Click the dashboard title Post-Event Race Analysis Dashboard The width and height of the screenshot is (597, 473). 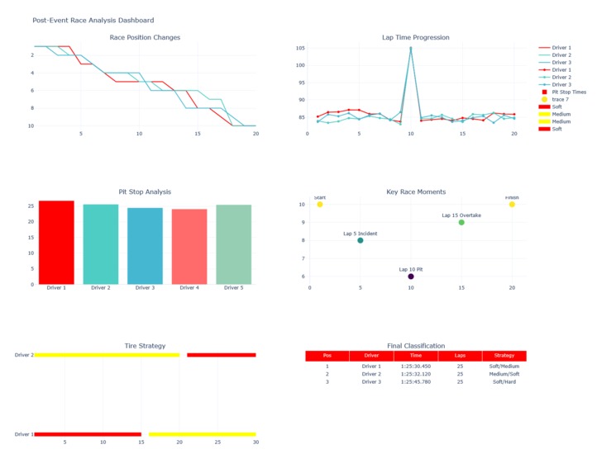tap(93, 20)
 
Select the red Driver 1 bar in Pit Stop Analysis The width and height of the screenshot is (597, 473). tap(56, 243)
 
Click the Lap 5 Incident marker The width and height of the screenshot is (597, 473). tap(361, 240)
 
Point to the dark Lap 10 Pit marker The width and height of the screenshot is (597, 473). tap(411, 277)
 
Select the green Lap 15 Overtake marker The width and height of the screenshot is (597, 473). tap(461, 222)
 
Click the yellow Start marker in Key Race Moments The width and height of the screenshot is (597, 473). tap(320, 204)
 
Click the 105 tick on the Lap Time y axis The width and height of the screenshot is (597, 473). tap(300, 48)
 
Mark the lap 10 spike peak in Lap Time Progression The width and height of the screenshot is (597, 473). tap(411, 48)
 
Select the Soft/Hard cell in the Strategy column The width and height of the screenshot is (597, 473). tap(504, 381)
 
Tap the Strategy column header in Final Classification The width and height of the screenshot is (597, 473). tap(504, 356)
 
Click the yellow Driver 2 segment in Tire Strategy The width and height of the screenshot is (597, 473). tap(107, 355)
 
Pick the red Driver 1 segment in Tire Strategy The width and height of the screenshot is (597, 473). tap(88, 433)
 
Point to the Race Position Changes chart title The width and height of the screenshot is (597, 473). tap(145, 37)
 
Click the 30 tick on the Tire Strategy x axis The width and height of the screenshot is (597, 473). tap(256, 442)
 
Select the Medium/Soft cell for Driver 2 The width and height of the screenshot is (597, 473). tap(504, 374)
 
